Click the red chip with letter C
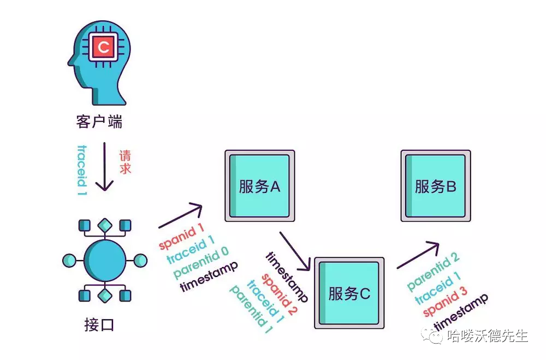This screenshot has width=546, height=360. tap(103, 48)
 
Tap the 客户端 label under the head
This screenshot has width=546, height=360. tap(99, 121)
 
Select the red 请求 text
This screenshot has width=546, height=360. tap(126, 162)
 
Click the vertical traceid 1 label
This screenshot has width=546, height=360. tap(82, 170)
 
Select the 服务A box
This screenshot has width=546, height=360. tap(259, 186)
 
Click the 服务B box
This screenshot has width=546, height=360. tap(435, 186)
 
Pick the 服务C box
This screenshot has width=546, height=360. tap(349, 293)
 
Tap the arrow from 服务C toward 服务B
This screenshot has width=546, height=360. tap(418, 255)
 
